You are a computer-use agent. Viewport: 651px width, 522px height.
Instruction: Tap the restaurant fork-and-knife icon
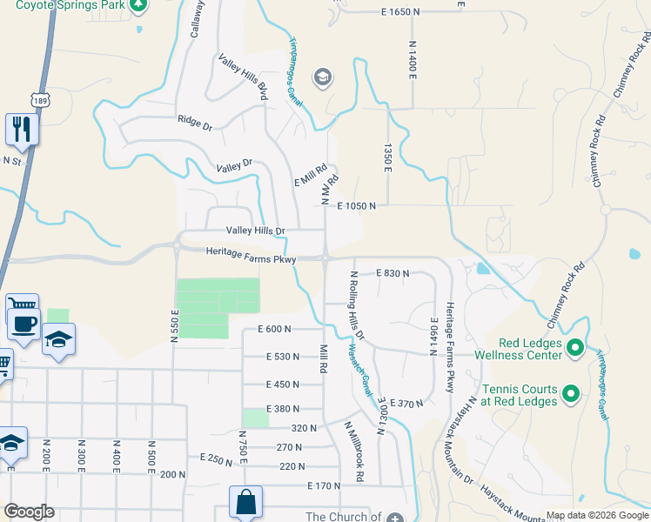point(20,129)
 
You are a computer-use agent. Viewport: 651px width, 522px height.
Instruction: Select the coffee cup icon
point(23,324)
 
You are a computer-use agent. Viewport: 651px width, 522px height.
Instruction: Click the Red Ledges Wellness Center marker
point(574,350)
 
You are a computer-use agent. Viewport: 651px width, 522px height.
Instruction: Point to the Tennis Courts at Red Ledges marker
point(571,395)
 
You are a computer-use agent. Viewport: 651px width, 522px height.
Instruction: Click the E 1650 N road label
point(406,11)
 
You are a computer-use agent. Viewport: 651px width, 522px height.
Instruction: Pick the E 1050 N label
point(356,206)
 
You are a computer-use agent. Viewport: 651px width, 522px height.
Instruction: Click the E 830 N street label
point(393,273)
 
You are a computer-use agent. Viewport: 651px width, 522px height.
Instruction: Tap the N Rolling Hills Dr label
point(357,304)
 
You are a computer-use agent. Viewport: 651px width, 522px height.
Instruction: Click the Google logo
point(29,512)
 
